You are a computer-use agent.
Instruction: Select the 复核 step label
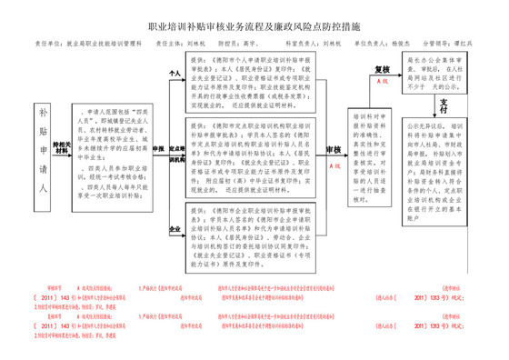pos(384,68)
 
